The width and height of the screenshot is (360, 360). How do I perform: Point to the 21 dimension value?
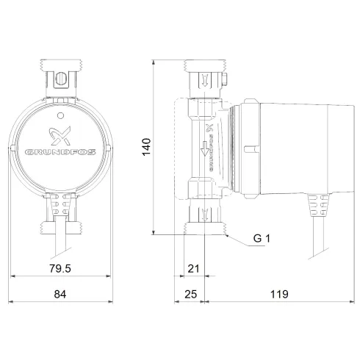193,270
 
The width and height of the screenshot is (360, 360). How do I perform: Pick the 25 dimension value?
191,294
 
